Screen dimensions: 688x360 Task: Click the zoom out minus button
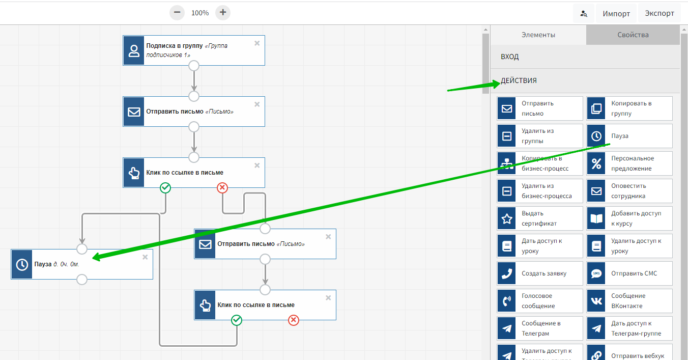(177, 13)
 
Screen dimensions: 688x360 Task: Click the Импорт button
(616, 14)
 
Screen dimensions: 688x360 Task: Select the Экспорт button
(660, 13)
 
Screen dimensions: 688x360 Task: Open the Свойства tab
(633, 35)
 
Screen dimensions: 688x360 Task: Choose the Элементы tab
(538, 35)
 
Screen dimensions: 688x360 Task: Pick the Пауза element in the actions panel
(629, 136)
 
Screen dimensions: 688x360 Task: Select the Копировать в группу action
(629, 108)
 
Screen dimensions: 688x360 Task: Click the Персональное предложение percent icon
(596, 163)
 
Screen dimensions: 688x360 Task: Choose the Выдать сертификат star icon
(507, 218)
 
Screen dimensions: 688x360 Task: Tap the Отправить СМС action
(629, 273)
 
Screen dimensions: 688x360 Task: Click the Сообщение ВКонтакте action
(629, 301)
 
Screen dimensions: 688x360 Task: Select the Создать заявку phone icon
(507, 273)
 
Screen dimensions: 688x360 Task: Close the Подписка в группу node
(257, 43)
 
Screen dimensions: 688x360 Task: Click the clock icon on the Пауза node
(22, 264)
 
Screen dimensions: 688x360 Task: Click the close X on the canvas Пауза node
(145, 257)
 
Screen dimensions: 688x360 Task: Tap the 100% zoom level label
(200, 13)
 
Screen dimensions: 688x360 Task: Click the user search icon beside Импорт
(584, 14)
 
